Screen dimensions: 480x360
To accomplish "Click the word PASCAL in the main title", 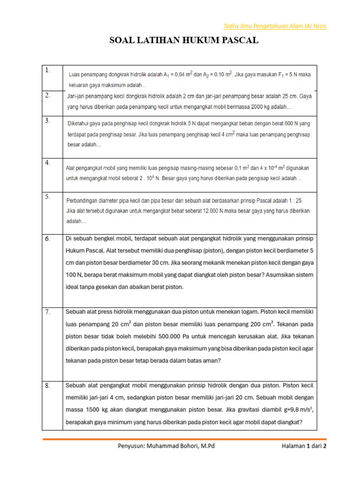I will click(x=238, y=41).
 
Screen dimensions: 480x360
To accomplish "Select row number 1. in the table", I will click(x=48, y=70).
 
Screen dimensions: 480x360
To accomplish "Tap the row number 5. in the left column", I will click(x=48, y=197).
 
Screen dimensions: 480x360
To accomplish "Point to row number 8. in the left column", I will click(x=48, y=386).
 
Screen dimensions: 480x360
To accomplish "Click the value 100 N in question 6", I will click(x=75, y=275).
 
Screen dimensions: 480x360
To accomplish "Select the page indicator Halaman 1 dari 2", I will click(x=304, y=446).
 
